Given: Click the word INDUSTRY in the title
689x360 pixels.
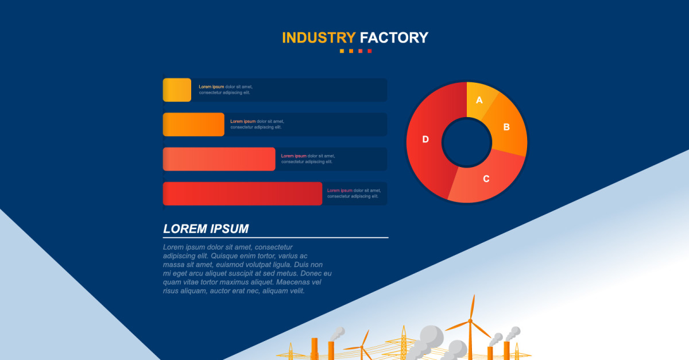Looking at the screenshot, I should point(319,38).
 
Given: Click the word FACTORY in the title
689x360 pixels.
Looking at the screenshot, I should point(394,38).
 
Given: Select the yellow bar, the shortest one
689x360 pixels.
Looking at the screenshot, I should point(177,90).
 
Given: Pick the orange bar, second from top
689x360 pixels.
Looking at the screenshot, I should point(193,125).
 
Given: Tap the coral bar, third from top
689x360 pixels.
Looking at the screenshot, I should point(219,159).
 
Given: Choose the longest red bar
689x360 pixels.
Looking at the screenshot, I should point(242,193).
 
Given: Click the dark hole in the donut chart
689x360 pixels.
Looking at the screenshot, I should point(466,142).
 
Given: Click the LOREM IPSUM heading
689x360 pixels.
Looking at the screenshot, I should point(206,229).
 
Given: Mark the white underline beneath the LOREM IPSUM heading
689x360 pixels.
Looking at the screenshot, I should point(276,237).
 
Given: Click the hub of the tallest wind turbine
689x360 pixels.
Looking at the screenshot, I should point(471,320).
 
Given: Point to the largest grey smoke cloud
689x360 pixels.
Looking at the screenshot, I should point(431,336).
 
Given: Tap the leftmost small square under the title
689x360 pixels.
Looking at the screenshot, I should point(342,51).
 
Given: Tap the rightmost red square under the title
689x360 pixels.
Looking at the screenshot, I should point(370,51).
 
